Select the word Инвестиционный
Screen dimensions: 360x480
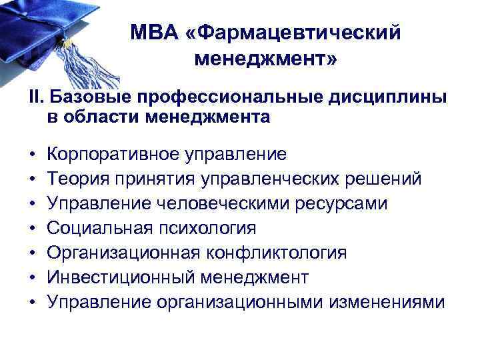click(110, 278)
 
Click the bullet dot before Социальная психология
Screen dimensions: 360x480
click(32, 229)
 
